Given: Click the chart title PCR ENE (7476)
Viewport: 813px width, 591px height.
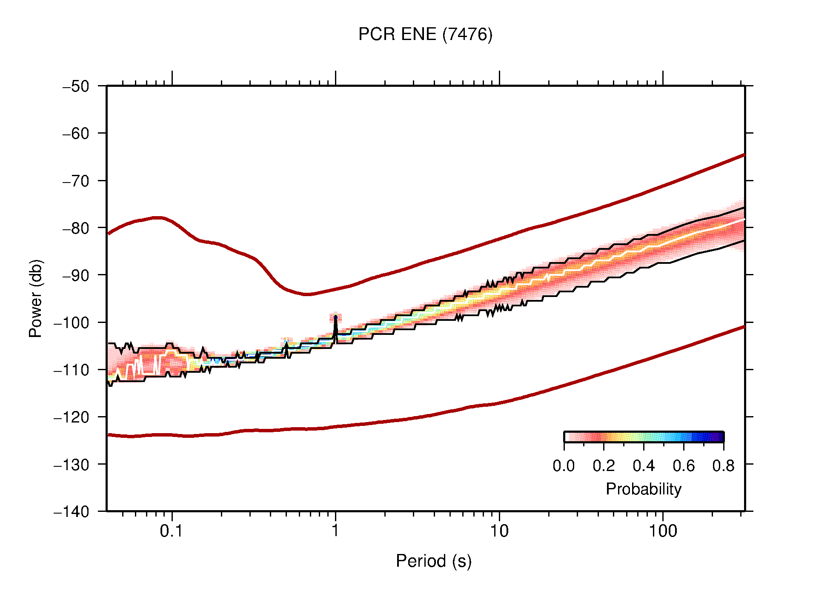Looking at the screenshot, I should click(425, 34).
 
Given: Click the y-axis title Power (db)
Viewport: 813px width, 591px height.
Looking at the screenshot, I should click(36, 298).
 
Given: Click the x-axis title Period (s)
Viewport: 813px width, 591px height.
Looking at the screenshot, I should click(433, 561).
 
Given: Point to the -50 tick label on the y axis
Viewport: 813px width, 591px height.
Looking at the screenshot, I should click(76, 86).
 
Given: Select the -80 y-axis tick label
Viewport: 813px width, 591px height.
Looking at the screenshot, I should click(76, 228).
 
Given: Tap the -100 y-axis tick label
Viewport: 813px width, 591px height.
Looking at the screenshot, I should click(72, 323).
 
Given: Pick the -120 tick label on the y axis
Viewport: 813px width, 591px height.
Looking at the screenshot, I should click(72, 417).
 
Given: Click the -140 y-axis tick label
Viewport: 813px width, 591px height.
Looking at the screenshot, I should click(72, 511).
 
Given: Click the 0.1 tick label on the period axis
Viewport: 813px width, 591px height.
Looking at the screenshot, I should click(172, 531).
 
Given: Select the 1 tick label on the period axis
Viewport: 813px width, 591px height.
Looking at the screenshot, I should click(335, 531).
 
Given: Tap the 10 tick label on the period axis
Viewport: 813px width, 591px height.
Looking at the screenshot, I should click(499, 531).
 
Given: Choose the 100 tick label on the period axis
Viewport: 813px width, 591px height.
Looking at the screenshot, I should click(662, 531).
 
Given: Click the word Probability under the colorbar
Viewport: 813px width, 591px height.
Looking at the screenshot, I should click(643, 489).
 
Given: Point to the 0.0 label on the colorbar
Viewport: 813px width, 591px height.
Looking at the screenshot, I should click(564, 466).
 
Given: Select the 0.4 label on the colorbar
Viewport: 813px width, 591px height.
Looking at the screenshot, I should click(644, 466).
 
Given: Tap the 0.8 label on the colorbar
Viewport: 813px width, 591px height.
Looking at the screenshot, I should click(723, 466).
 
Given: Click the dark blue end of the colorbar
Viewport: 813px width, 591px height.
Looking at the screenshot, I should click(719, 437).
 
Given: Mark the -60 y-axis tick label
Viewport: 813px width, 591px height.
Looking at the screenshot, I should click(76, 134).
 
